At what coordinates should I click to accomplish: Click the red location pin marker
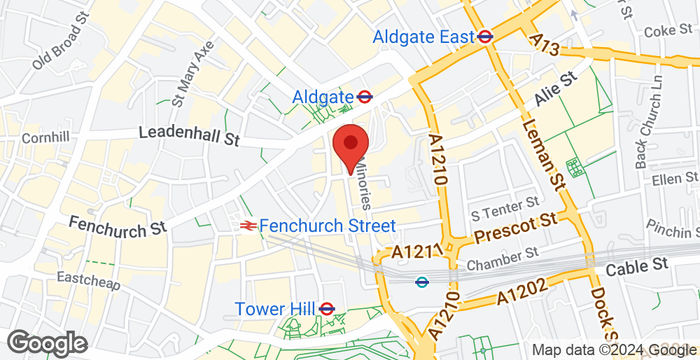[x=349, y=148]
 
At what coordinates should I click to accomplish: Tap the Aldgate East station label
[x=422, y=36]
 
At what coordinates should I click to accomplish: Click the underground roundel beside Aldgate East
[x=486, y=36]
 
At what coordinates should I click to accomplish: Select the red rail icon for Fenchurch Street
[x=246, y=226]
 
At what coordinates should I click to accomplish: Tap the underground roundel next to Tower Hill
[x=326, y=308]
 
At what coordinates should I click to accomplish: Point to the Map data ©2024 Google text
[x=612, y=349]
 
